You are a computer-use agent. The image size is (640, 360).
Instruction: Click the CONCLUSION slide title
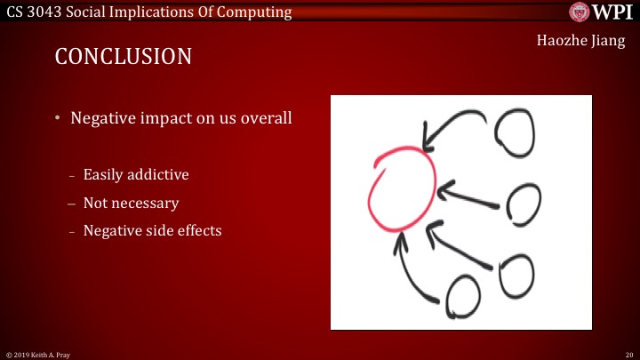[x=124, y=57]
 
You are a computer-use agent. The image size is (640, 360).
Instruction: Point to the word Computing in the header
[x=256, y=12]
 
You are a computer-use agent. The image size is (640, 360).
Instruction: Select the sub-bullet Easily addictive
[x=135, y=174]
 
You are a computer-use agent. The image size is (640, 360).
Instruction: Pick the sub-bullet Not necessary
[x=131, y=203]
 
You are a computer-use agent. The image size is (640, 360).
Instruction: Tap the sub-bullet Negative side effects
[x=152, y=231]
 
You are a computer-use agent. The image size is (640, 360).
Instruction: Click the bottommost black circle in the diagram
[x=463, y=297]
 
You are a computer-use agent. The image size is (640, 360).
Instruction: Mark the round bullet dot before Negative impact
[x=59, y=118]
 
